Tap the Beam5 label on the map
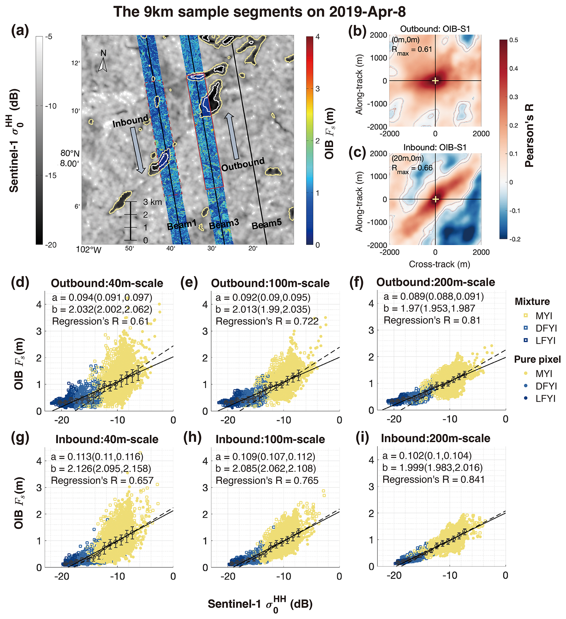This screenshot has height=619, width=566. [x=267, y=224]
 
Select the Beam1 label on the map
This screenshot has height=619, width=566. [x=181, y=225]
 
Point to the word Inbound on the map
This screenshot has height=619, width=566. [x=131, y=121]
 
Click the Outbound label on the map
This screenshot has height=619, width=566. [x=243, y=164]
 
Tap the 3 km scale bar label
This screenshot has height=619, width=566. [x=152, y=202]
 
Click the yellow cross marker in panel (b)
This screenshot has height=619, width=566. [x=435, y=81]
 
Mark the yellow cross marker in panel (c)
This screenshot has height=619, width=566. [x=435, y=199]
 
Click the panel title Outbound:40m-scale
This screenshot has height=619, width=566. [x=107, y=283]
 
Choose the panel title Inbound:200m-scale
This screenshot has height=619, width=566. [x=435, y=438]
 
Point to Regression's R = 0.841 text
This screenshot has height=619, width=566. [x=433, y=479]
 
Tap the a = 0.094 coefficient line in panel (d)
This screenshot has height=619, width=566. [x=102, y=297]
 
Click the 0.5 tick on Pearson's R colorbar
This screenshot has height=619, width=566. [x=514, y=40]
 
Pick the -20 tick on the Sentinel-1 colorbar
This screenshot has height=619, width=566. [x=51, y=245]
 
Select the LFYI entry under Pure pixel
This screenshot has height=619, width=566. [x=545, y=399]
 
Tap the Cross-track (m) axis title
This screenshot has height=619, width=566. [x=439, y=264]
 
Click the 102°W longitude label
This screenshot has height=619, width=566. [x=88, y=250]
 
